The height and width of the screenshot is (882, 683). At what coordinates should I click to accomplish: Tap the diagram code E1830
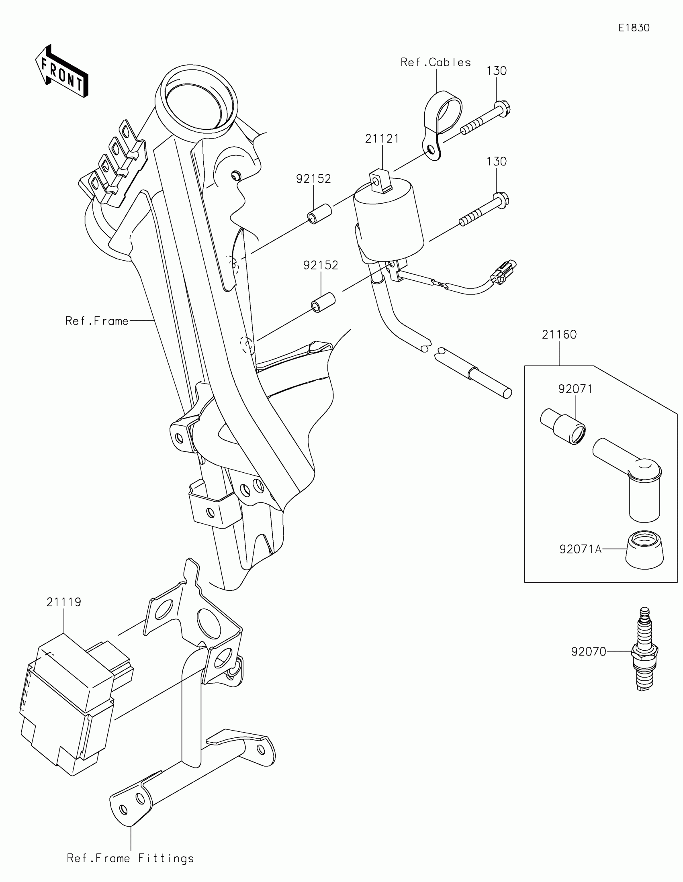pos(634,28)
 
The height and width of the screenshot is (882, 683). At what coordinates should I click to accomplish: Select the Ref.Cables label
pos(436,62)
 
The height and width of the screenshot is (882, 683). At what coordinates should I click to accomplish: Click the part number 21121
pos(382,139)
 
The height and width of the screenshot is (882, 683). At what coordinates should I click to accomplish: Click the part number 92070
pos(589,651)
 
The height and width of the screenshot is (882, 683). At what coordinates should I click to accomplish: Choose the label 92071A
pos(580,549)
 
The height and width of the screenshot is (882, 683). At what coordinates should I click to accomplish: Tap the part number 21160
pos(559,335)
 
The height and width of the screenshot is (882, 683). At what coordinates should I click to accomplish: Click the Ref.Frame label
pos(97,321)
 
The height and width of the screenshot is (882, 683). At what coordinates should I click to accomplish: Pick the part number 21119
pos(64,602)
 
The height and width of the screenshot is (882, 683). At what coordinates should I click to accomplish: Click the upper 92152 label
pos(313,179)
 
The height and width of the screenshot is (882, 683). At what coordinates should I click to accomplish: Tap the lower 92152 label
pos(321,265)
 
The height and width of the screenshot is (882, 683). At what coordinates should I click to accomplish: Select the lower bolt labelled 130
pos(485,210)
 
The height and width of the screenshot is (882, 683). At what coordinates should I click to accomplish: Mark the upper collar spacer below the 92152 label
pos(319,214)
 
